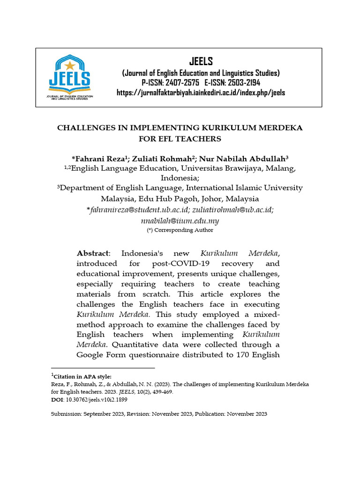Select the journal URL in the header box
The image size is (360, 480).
pos(201,92)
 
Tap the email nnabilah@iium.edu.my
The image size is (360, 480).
pos(180,220)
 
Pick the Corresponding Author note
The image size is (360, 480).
pos(180,230)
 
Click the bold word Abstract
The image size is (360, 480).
pos(92,253)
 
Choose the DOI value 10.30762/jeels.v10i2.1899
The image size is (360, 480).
pos(96,400)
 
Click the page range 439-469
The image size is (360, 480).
pos(160,392)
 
